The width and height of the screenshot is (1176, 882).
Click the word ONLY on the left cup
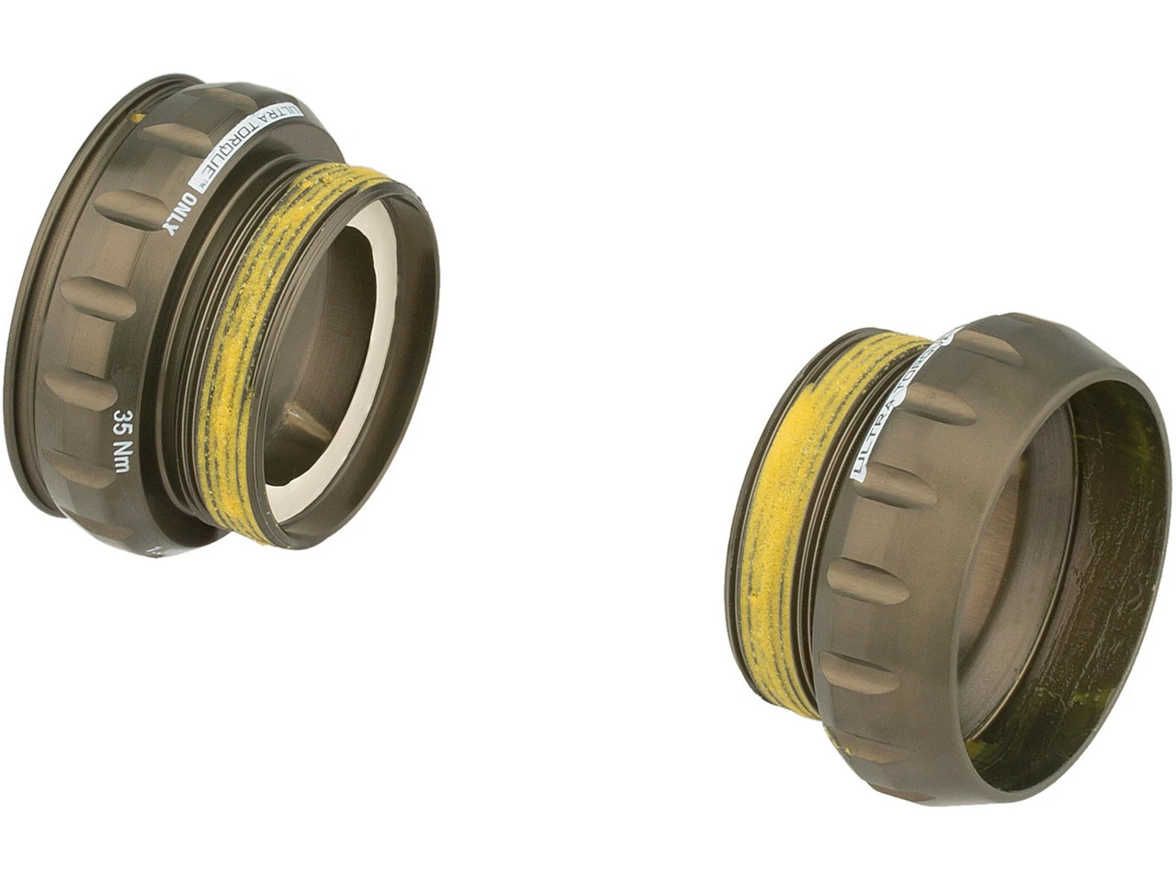[x=181, y=217]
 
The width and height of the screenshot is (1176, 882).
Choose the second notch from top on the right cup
[x=933, y=404]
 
